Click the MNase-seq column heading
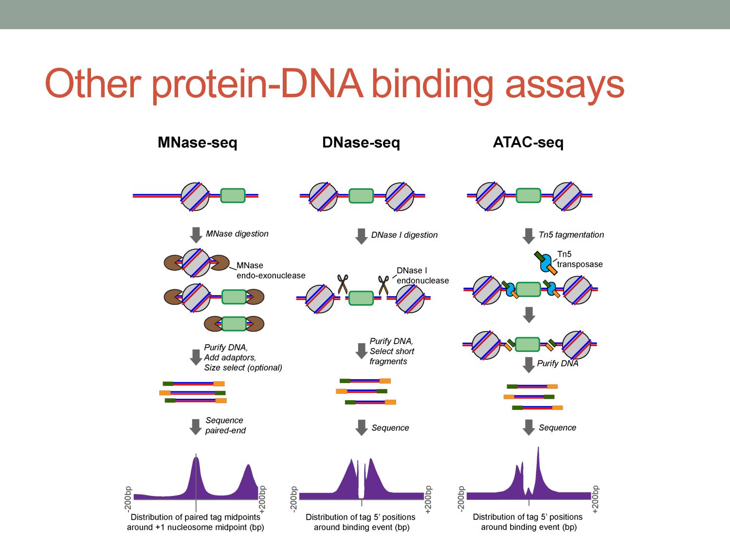pyautogui.click(x=197, y=142)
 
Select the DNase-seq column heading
pyautogui.click(x=361, y=142)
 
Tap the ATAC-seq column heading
pyautogui.click(x=528, y=142)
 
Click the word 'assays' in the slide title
pyautogui.click(x=565, y=84)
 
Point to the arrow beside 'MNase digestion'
pyautogui.click(x=196, y=235)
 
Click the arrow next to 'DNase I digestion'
pyautogui.click(x=361, y=236)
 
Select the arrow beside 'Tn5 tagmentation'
pyautogui.click(x=529, y=236)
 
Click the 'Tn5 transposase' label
pyautogui.click(x=580, y=259)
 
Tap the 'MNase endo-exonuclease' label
pyautogui.click(x=271, y=270)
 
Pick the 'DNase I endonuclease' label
pyautogui.click(x=422, y=275)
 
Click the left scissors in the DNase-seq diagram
pyautogui.click(x=343, y=284)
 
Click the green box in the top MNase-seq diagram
pyautogui.click(x=233, y=195)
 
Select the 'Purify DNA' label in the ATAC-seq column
pyautogui.click(x=558, y=363)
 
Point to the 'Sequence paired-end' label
pyautogui.click(x=225, y=425)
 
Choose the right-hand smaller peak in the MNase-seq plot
pyautogui.click(x=248, y=474)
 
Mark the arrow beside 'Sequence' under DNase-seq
pyautogui.click(x=361, y=427)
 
